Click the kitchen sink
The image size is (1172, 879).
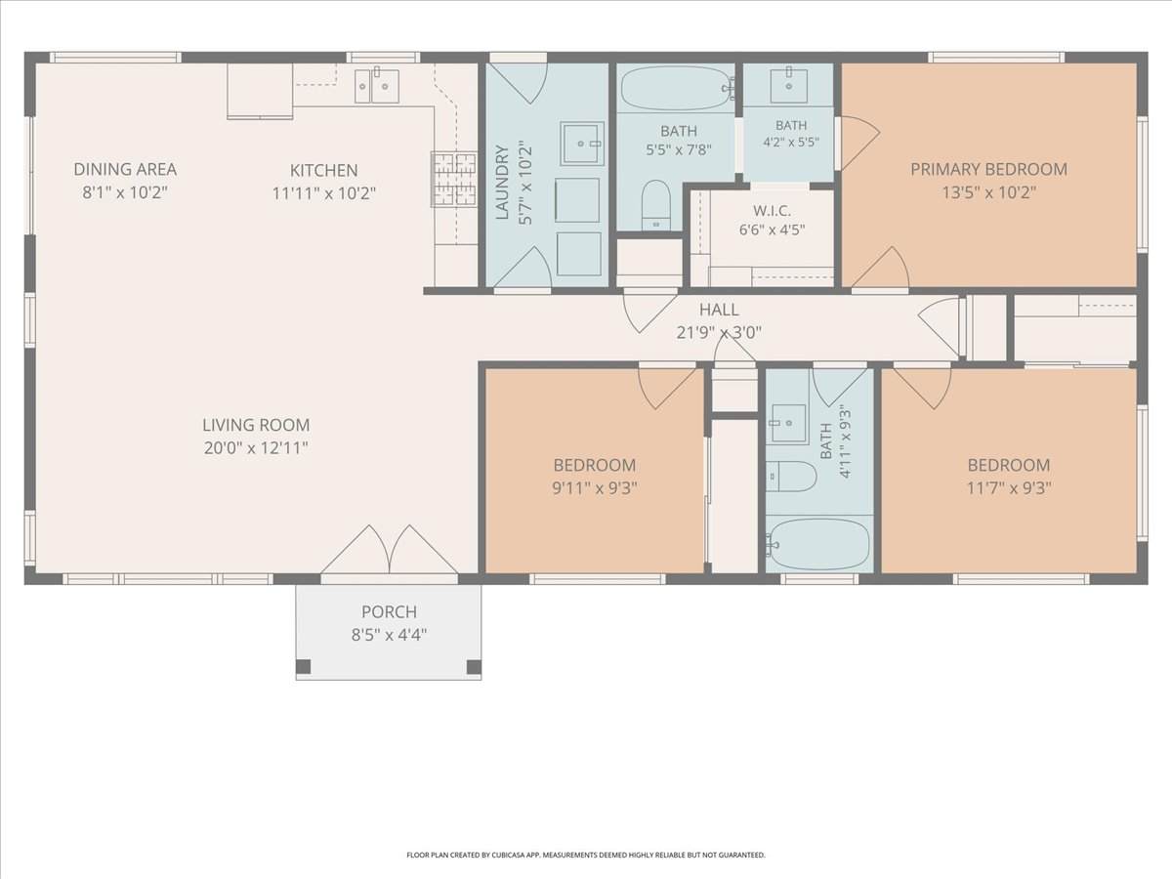tap(377, 86)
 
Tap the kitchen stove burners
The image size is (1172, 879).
tap(454, 180)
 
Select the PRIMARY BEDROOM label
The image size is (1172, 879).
tap(988, 169)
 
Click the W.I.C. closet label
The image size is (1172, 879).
tap(773, 211)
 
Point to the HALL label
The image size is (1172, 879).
tap(719, 310)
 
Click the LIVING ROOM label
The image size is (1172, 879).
tap(256, 425)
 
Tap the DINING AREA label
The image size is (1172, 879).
tap(125, 169)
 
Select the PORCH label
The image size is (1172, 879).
tap(390, 611)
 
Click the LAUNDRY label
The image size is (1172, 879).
tap(502, 183)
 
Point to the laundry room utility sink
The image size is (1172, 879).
tap(582, 143)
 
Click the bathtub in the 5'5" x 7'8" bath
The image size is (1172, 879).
tap(677, 89)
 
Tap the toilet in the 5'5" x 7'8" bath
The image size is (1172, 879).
tap(656, 205)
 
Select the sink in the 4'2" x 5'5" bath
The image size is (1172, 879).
tap(788, 86)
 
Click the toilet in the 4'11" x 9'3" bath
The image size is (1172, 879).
tap(791, 477)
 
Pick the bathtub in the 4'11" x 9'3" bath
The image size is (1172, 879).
tap(818, 544)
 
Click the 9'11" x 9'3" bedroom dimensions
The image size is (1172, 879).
tap(595, 487)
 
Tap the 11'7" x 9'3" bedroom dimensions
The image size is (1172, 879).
tap(1009, 487)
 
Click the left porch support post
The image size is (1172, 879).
tap(303, 667)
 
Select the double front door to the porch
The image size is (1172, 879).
tap(390, 550)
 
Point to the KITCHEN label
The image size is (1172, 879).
tap(324, 170)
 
